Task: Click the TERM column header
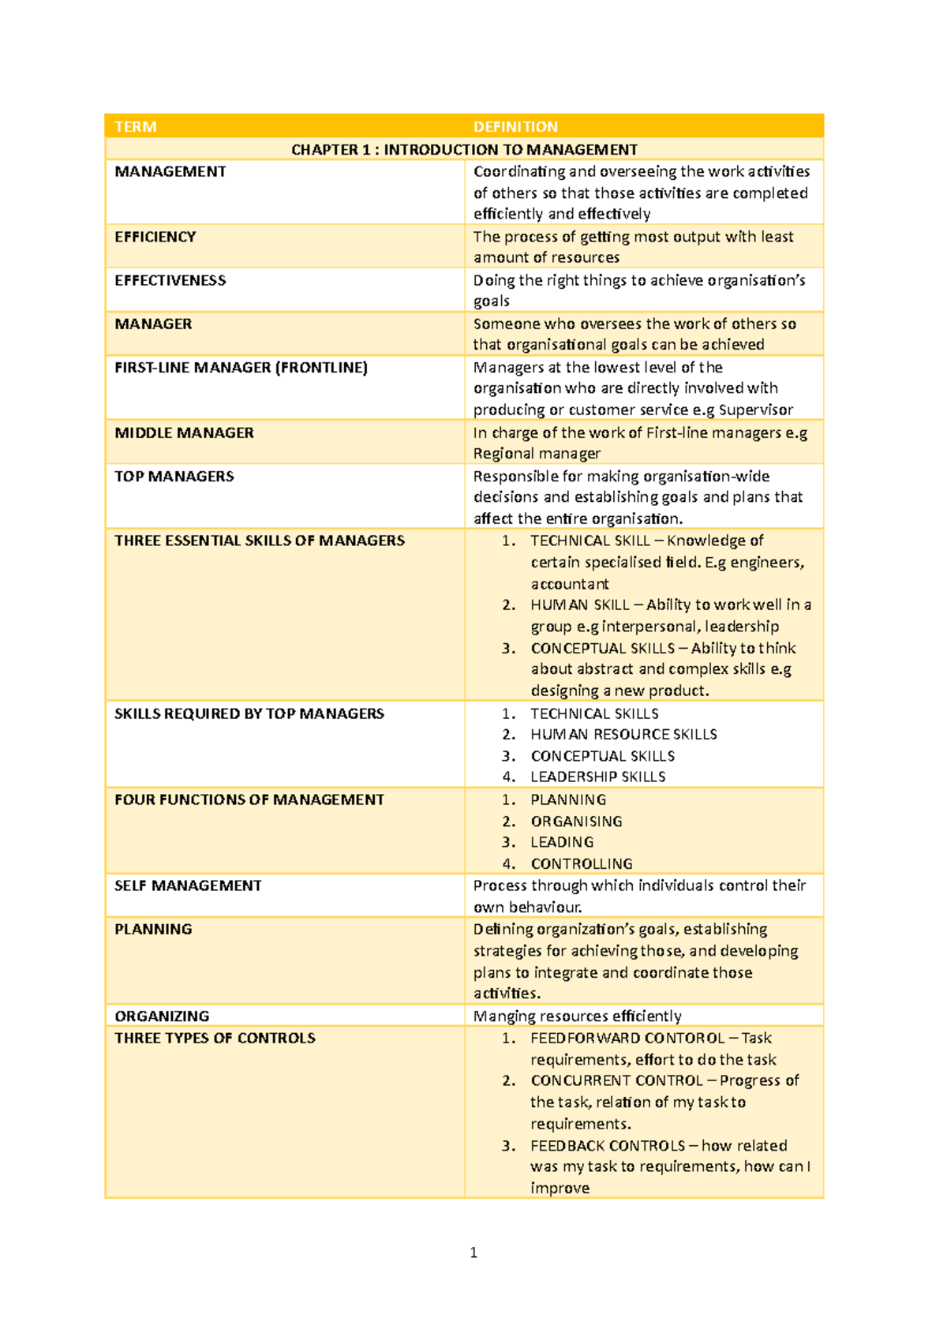136,127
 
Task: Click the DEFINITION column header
515,127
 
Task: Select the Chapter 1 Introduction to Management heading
464,150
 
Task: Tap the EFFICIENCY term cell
155,237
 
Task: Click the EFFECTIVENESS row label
170,280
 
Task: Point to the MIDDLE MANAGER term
184,432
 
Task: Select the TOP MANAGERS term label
174,476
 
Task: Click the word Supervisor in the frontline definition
755,410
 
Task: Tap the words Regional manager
537,454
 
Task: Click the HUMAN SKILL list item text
579,605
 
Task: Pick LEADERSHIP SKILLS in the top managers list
597,777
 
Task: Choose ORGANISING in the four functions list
576,822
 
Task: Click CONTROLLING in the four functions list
582,864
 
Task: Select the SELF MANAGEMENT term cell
188,885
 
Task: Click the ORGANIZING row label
162,1016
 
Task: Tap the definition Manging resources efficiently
577,1016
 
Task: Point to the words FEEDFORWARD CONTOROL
627,1039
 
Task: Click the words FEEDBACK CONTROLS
608,1146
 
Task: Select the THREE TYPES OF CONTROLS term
215,1039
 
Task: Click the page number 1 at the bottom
473,1252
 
